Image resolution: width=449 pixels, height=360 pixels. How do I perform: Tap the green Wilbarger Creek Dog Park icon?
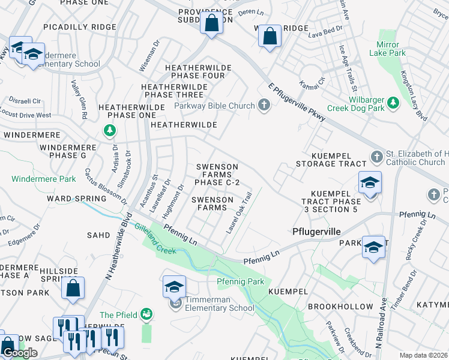(393, 103)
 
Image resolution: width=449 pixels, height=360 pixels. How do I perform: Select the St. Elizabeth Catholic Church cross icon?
(376, 156)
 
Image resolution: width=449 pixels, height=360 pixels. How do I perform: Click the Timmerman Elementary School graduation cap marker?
(174, 287)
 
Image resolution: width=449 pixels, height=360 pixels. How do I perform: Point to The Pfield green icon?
(146, 314)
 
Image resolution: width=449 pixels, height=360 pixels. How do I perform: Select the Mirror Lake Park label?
(391, 49)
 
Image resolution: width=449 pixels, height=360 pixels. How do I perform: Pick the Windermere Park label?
(43, 179)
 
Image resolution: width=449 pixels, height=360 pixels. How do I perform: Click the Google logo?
(20, 353)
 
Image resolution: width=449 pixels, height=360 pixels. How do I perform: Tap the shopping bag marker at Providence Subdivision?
(211, 23)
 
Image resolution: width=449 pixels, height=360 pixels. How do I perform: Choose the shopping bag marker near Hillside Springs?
(73, 288)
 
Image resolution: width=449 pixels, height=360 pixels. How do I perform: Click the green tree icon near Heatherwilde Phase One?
(109, 130)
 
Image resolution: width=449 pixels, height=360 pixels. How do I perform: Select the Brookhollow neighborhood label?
(340, 306)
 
